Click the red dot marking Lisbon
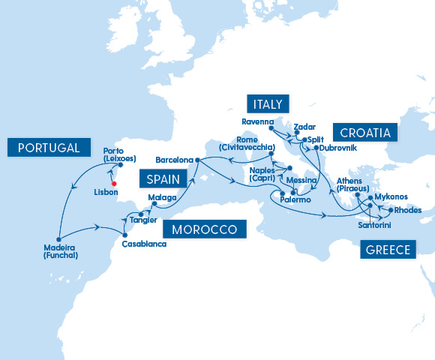(114, 183)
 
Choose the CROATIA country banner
(365, 133)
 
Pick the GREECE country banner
(388, 250)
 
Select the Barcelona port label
(174, 160)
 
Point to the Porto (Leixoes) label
(119, 154)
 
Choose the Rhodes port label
(406, 210)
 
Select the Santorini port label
(373, 224)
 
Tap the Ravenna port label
(259, 121)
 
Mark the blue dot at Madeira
(58, 235)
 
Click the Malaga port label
(162, 198)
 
